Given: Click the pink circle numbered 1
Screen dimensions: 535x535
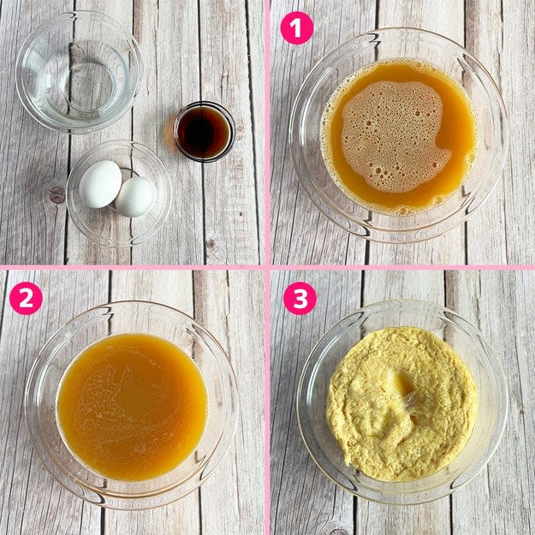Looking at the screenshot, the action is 296,28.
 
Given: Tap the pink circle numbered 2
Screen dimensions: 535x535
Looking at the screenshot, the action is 26,299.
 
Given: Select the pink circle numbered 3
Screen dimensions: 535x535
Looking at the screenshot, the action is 300,299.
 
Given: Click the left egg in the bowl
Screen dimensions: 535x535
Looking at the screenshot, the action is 100,184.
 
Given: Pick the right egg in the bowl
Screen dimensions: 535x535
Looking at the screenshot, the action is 135,197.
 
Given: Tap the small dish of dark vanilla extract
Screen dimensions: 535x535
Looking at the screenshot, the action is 204,132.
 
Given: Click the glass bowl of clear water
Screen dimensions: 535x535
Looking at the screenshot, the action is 79,73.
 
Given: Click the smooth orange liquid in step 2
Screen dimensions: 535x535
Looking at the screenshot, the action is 133,407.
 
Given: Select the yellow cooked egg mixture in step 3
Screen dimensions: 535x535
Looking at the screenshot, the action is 402,404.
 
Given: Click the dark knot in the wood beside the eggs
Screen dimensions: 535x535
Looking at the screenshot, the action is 57,195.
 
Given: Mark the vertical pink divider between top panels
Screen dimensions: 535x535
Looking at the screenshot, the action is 267,133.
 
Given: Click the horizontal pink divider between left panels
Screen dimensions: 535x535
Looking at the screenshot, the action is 132,267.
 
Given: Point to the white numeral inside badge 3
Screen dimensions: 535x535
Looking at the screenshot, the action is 300,299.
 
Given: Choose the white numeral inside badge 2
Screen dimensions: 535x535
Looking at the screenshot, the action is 26,299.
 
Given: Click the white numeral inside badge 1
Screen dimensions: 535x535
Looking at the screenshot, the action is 297,28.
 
